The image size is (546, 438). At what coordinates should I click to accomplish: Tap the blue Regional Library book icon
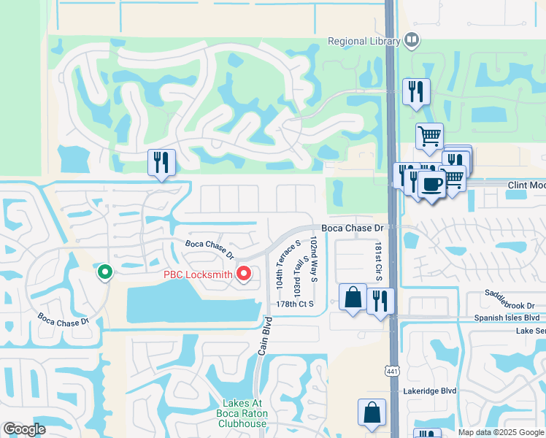(412, 40)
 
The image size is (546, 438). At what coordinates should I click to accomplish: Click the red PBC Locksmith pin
(244, 274)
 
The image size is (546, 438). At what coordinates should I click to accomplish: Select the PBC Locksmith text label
(197, 275)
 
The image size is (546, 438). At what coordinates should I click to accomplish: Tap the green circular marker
(105, 273)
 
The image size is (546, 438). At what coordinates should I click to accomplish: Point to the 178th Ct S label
(295, 304)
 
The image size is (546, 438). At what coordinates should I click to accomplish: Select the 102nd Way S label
(314, 259)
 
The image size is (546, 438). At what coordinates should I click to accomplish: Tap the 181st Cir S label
(379, 262)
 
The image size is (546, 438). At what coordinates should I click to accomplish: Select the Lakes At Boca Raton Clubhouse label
(245, 413)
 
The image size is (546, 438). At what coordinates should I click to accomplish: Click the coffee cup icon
(431, 184)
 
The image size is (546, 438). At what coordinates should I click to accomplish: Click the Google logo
(24, 429)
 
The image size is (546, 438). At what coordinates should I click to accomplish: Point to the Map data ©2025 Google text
(501, 431)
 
